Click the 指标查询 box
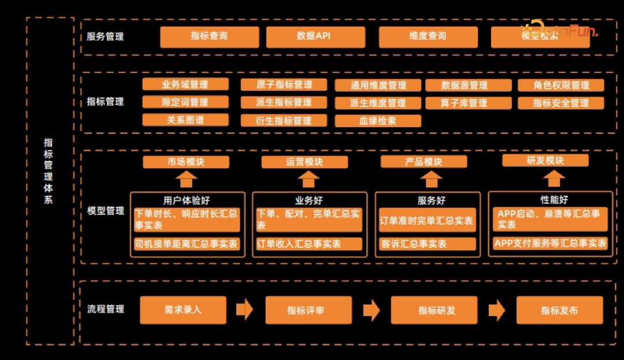(x=209, y=36)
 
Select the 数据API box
(x=315, y=36)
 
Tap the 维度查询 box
(x=428, y=36)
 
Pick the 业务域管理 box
(x=185, y=84)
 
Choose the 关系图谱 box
(x=185, y=120)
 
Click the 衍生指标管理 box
(x=284, y=121)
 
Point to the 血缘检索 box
(x=378, y=121)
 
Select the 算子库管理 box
(x=468, y=103)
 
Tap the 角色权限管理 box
(x=560, y=86)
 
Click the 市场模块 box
(x=186, y=162)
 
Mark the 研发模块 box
(x=545, y=161)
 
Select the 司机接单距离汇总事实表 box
(x=187, y=244)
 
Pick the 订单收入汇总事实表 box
(x=309, y=244)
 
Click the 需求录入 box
(x=183, y=310)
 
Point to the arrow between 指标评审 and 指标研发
(x=371, y=310)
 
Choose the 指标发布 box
(x=559, y=310)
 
